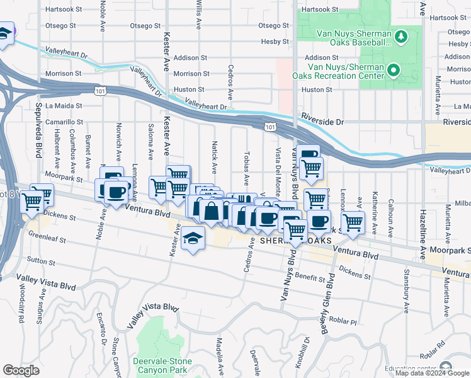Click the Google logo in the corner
21,370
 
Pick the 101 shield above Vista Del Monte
270,127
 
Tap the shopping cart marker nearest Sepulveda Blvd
33,202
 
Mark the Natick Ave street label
214,158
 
